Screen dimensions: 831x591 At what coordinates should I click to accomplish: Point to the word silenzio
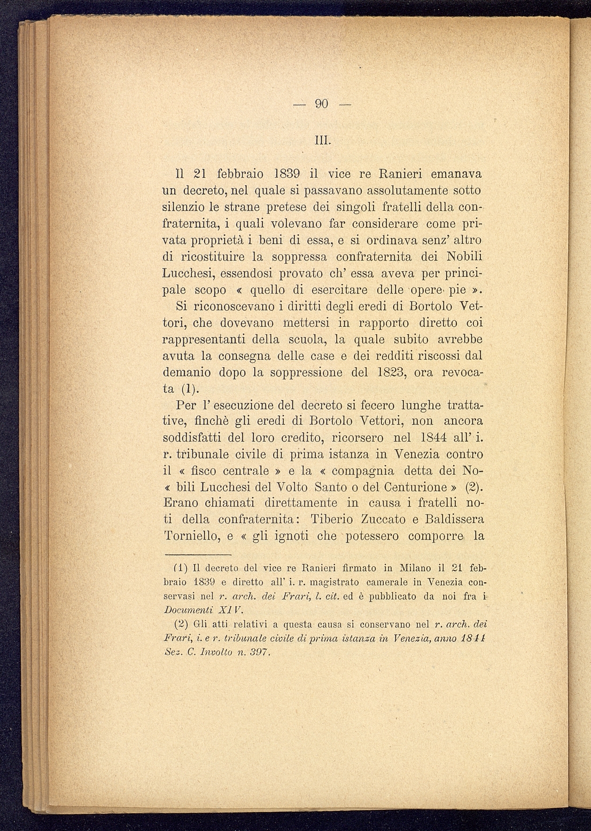[183, 207]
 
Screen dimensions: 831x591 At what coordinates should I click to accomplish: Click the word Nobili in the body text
[463, 256]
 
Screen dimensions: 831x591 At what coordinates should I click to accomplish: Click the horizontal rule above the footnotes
[197, 555]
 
